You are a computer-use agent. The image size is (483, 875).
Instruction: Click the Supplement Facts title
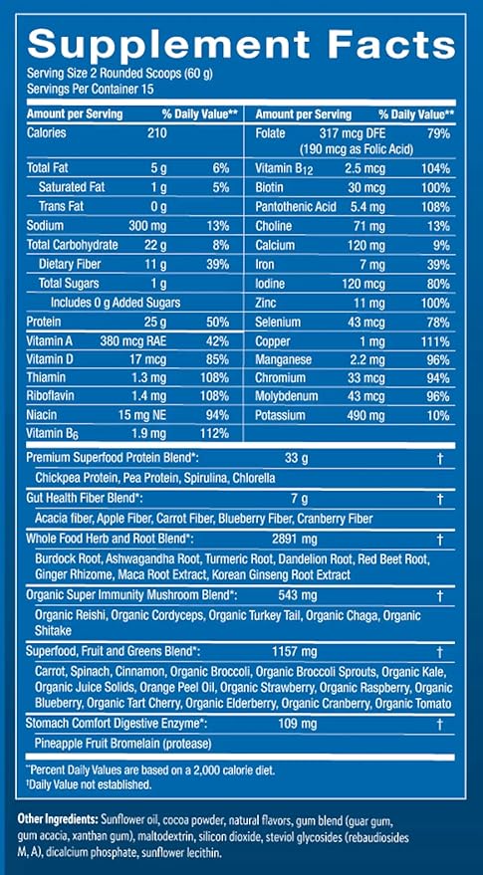[242, 45]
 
